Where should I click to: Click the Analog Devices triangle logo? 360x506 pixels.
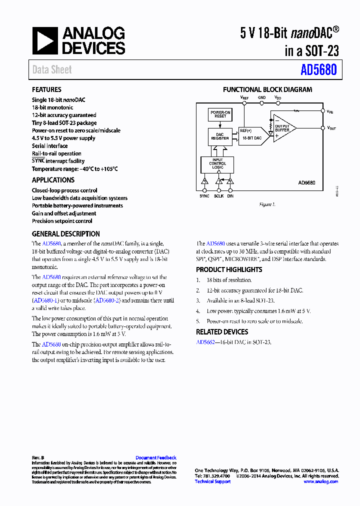pos(45,40)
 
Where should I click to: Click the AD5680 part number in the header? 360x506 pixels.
pos(318,70)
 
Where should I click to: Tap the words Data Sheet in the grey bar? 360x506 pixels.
pos(52,70)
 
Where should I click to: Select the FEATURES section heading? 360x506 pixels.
pos(46,89)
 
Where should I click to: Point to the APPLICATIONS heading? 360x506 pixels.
pos(53,180)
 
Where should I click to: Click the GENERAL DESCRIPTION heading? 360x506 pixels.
pos(65,233)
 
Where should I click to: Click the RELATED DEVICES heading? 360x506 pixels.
pos(221,331)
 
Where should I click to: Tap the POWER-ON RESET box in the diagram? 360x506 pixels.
pos(220,114)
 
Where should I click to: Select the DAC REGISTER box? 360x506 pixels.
pos(220,136)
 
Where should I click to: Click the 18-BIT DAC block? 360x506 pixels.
pos(252,137)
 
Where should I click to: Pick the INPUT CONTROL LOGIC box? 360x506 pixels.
pos(217,163)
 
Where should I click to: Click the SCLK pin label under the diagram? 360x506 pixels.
pos(219,196)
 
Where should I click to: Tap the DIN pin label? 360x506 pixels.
pos(230,196)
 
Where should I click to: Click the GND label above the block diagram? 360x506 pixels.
pos(261,97)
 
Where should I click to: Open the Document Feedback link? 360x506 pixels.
pos(155,457)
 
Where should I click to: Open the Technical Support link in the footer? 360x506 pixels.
pos(212,481)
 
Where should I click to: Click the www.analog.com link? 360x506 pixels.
pos(320,481)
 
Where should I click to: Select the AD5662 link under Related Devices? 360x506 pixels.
pos(205,342)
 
